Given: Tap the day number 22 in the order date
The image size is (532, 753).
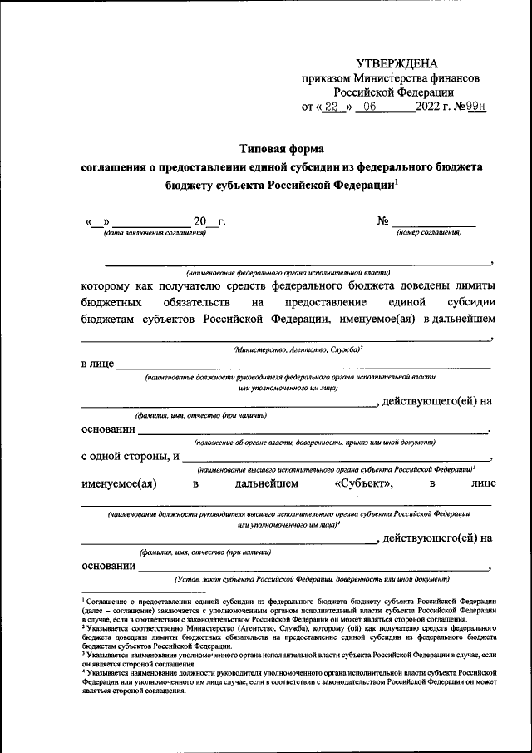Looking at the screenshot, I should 331,107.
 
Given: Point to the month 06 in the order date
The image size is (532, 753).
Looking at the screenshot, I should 369,107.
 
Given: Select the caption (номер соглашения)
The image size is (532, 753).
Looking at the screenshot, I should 429,232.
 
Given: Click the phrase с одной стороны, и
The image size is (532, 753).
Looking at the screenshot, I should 131,456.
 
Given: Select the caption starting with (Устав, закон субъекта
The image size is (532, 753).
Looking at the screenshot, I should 311,578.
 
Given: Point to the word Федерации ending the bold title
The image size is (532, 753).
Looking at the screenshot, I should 359,186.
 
